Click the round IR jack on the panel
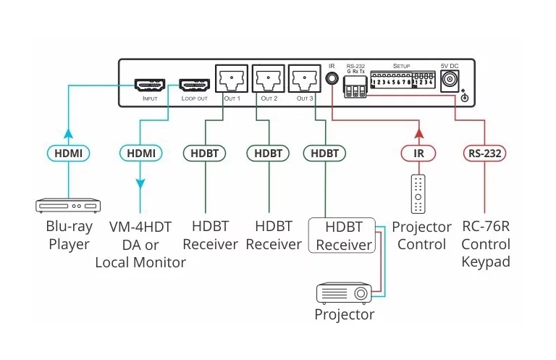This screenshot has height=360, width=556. pyautogui.click(x=332, y=78)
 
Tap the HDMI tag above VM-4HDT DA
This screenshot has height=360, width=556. pyautogui.click(x=140, y=154)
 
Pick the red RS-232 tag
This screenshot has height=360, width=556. pyautogui.click(x=483, y=154)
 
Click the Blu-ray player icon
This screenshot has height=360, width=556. pyautogui.click(x=68, y=206)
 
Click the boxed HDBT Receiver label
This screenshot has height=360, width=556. pyautogui.click(x=344, y=235)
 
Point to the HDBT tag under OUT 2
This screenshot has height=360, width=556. pyautogui.click(x=268, y=154)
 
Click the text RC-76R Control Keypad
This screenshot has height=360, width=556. pyautogui.click(x=485, y=244)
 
